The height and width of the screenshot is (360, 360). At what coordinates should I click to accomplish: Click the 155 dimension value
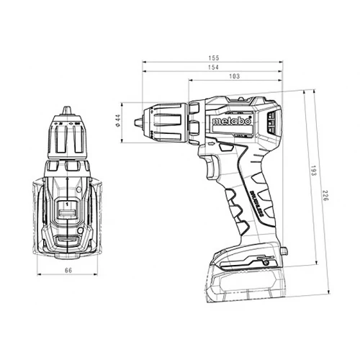[x=213, y=57]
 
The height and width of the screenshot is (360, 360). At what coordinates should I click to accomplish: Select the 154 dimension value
[x=213, y=66]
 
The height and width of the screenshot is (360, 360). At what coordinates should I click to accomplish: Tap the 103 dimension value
[x=233, y=76]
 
